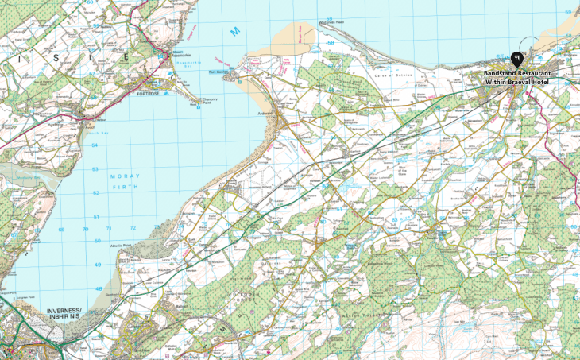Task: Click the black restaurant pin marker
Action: click(x=517, y=58)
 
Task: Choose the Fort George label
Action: click(x=218, y=72)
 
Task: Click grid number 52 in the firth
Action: click(x=95, y=192)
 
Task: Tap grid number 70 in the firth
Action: click(x=86, y=229)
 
